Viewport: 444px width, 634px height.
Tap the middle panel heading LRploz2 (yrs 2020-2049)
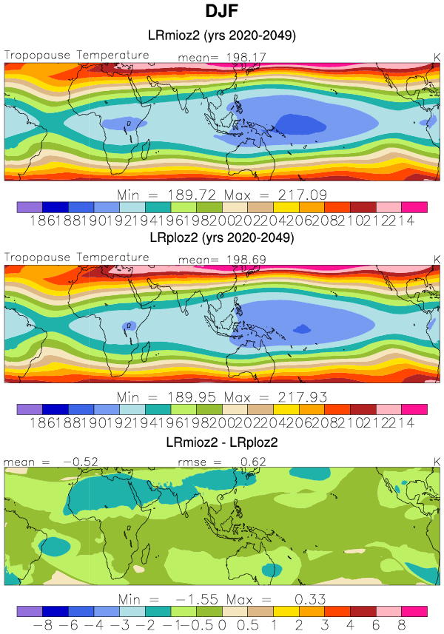coord(223,239)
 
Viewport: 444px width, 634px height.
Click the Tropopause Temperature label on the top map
coord(77,55)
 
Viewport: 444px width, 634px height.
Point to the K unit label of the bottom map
coord(436,462)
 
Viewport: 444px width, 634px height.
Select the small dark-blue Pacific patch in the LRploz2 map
coord(302,328)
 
